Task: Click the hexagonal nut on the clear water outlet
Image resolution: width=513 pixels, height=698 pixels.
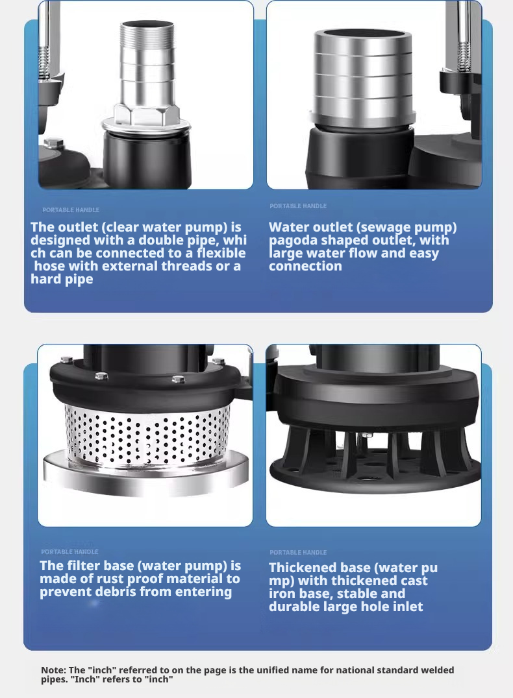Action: [x=146, y=115]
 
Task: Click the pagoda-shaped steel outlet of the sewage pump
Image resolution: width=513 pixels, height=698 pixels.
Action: [x=363, y=78]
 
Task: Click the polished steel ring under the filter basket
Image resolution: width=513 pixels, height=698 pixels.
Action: [x=145, y=472]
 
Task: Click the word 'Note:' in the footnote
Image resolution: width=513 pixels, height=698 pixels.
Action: [x=53, y=670]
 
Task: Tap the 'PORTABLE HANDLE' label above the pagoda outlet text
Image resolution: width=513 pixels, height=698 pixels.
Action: [x=298, y=206]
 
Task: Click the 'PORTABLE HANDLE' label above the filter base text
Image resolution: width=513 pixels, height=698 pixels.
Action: [x=69, y=551]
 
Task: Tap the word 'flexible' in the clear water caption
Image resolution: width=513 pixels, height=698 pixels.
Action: [x=221, y=253]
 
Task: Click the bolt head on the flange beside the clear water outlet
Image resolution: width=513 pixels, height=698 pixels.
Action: [x=54, y=143]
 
